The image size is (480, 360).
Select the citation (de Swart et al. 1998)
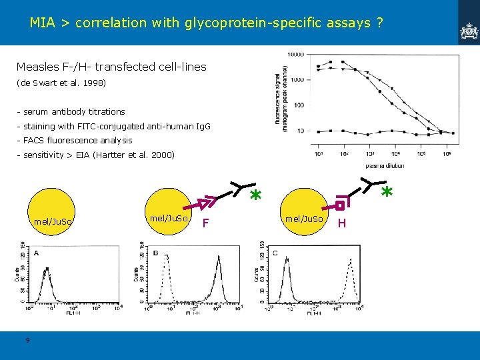pos(61,84)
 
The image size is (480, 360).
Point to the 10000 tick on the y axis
pos(296,54)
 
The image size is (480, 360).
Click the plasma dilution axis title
pos(384,165)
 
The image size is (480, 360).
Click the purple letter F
pos(206,222)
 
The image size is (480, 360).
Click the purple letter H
pos(342,223)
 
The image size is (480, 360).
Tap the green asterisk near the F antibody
pos(254,196)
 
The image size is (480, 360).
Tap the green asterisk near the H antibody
pos(386,192)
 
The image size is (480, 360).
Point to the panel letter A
pos(36,253)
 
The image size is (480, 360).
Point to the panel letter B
pos(155,253)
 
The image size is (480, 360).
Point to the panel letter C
pos(275,253)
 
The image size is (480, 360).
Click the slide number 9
pos(27,341)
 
